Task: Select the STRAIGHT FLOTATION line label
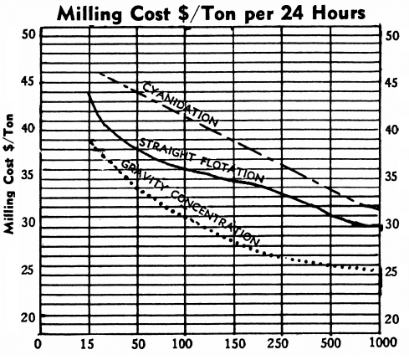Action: (x=202, y=161)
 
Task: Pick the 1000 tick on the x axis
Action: (x=381, y=342)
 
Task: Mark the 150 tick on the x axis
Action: (x=234, y=342)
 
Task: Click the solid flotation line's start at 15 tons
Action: (x=89, y=94)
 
